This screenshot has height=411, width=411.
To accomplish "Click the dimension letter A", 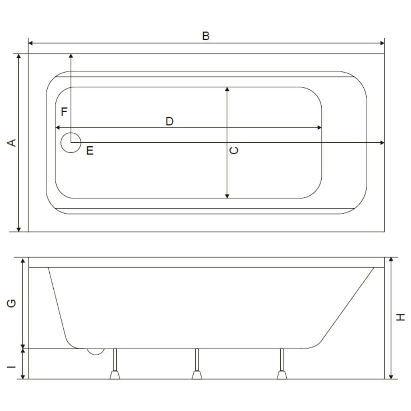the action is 12,143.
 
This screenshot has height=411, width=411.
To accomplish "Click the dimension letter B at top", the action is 206,36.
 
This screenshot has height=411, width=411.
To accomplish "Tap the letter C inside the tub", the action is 233,150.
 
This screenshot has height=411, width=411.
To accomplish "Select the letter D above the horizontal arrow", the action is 170,121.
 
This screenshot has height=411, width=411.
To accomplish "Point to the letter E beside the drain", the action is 90,150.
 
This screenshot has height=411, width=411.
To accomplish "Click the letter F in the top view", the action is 64,111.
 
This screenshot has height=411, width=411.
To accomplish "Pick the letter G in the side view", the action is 12,303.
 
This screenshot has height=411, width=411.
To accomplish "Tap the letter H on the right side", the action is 400,317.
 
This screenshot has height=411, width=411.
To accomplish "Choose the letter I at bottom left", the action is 12,367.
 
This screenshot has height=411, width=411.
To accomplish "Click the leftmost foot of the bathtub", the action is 115,364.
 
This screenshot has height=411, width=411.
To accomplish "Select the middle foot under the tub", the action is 197,364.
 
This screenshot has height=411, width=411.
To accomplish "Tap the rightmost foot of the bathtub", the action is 282,364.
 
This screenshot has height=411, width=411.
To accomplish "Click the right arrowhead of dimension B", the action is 382,43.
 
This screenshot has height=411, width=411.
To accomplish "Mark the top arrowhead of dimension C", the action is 227,89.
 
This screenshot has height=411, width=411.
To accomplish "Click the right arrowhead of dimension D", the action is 319,128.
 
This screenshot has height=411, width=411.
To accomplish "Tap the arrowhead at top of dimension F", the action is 71,56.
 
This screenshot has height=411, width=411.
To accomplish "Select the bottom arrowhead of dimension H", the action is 391,377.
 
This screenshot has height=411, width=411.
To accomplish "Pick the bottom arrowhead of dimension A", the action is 18,230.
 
